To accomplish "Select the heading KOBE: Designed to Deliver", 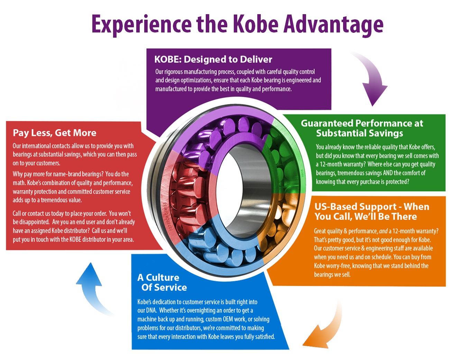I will [213, 59].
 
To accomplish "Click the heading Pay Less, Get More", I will [55, 133].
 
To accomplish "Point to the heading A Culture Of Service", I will [162, 282].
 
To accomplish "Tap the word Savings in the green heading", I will [382, 133].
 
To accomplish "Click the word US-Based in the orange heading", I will [335, 207].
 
